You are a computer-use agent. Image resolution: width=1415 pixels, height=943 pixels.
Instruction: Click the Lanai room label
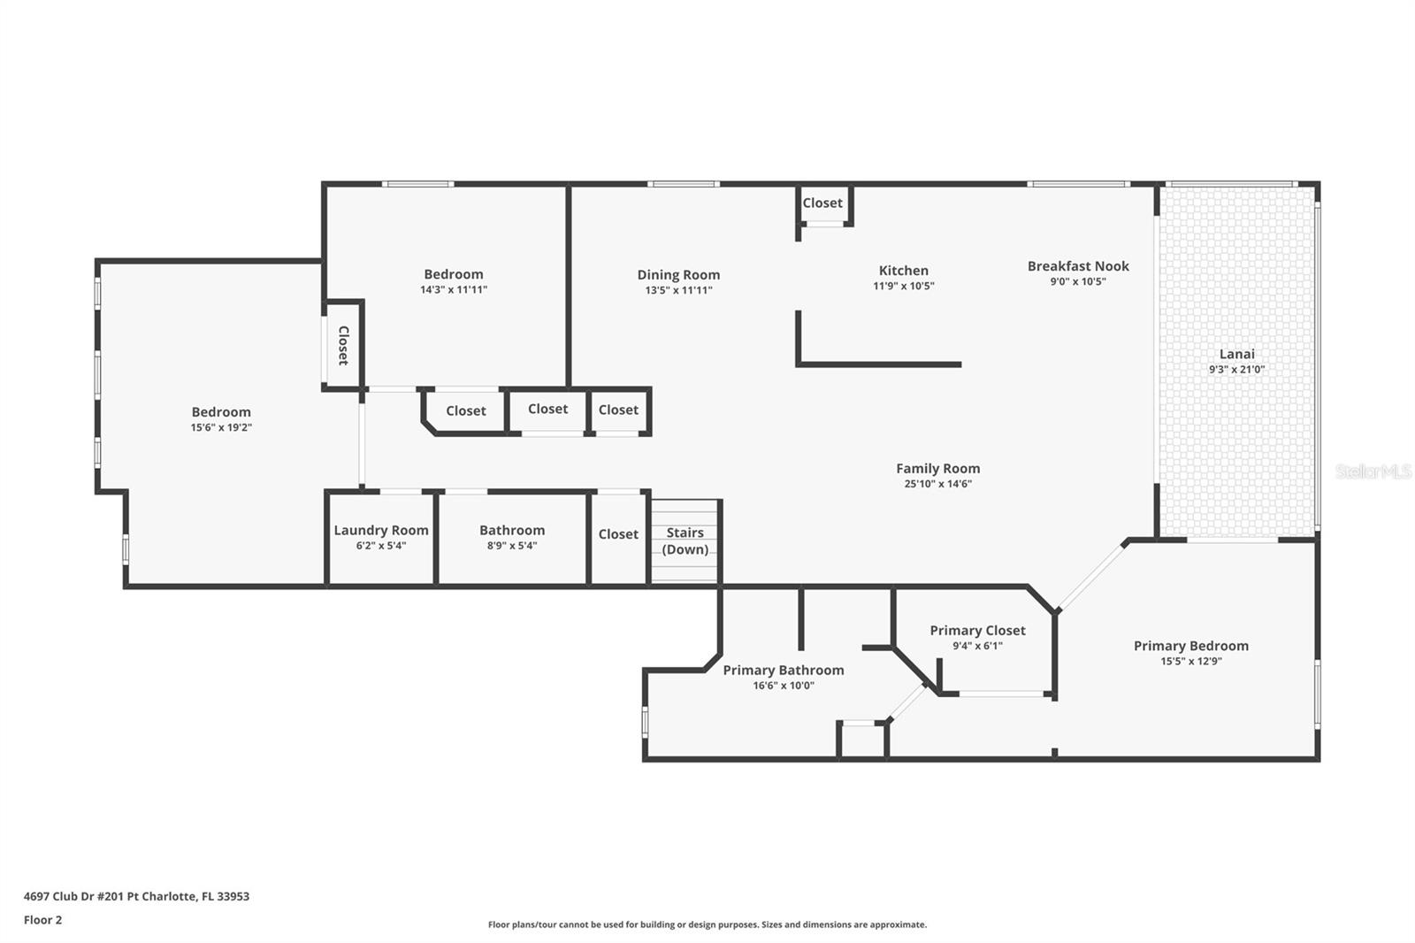[x=1236, y=354]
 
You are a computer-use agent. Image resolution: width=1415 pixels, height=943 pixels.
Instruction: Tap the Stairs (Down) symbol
[x=685, y=540]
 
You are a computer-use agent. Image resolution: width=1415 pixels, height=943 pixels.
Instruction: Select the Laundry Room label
[x=381, y=530]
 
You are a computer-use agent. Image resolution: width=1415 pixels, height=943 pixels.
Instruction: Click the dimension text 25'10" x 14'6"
[x=937, y=484]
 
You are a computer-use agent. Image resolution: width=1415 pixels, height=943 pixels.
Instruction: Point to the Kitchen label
[x=903, y=271]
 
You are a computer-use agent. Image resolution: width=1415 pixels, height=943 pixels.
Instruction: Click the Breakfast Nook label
[x=1078, y=265]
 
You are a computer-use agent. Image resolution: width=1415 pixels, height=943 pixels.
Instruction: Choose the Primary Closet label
[x=977, y=630]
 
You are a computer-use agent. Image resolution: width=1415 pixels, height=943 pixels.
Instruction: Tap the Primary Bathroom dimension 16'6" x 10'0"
[x=784, y=686]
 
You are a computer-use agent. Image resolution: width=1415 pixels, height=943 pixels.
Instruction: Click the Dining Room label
[x=678, y=274]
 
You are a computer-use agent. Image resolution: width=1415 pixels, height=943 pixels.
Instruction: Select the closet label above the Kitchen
[x=822, y=203]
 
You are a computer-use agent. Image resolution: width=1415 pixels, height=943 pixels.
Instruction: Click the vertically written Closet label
[x=343, y=345]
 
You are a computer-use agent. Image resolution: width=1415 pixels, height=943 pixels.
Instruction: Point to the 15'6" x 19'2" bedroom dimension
[x=221, y=427]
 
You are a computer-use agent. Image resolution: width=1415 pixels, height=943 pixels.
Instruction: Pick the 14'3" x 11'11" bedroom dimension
[x=454, y=289]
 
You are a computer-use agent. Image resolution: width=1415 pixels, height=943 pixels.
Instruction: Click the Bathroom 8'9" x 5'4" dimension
[x=512, y=546]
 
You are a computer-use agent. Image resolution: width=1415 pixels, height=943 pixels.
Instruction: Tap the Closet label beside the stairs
[x=618, y=533]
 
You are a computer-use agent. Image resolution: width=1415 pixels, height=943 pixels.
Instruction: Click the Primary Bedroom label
[x=1190, y=645]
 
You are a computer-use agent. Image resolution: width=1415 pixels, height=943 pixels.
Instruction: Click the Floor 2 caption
[x=42, y=920]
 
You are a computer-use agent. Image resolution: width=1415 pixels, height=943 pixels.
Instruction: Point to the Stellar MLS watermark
[x=1373, y=471]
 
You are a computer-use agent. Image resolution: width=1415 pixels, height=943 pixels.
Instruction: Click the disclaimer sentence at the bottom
[x=707, y=924]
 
